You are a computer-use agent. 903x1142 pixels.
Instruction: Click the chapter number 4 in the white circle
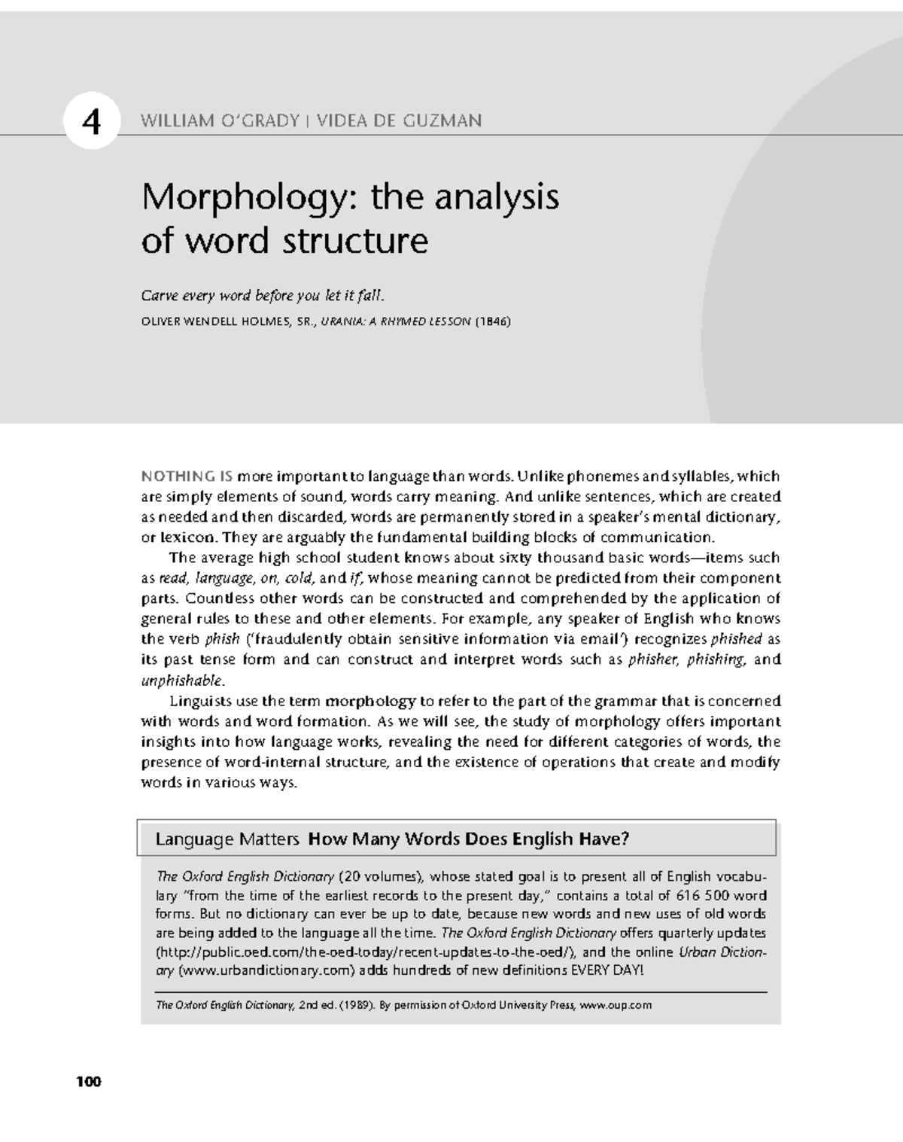(x=91, y=121)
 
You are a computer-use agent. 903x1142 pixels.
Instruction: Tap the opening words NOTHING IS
(x=187, y=476)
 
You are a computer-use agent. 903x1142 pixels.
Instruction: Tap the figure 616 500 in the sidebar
(x=703, y=896)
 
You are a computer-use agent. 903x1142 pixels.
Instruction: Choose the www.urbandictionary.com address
(x=266, y=970)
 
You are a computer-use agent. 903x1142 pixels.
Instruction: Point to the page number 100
(x=88, y=1083)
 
